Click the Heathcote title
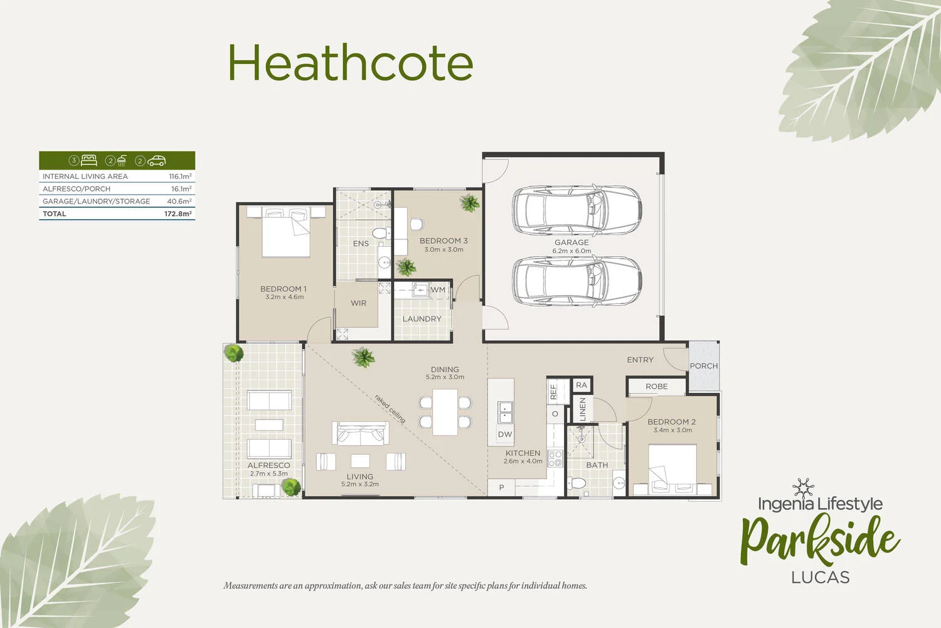click(349, 63)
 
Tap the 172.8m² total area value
click(178, 214)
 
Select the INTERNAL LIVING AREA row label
click(85, 176)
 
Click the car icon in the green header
click(156, 161)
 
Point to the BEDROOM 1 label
click(284, 289)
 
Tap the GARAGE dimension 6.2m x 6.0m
click(572, 251)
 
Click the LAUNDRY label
click(422, 318)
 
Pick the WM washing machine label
click(438, 290)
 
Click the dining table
click(445, 412)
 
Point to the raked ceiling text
click(390, 408)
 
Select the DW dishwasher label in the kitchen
click(505, 434)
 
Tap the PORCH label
click(703, 365)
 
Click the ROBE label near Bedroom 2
click(656, 386)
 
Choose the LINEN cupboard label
click(582, 409)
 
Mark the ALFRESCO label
click(268, 465)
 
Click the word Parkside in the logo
click(819, 539)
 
